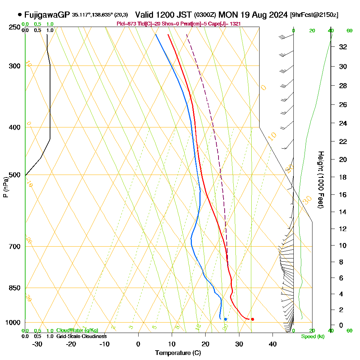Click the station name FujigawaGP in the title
point(47,15)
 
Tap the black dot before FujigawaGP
point(19,15)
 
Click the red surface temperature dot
point(252,319)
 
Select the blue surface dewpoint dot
point(225,319)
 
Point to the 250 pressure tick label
point(14,27)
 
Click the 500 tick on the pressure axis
point(14,175)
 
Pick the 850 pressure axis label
point(14,288)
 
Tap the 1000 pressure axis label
point(13,323)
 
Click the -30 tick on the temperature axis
point(37,344)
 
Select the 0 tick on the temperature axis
point(138,344)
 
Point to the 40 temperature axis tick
point(273,344)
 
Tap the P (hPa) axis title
point(6,187)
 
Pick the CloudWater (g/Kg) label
point(77,330)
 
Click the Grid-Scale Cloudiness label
point(81,336)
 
